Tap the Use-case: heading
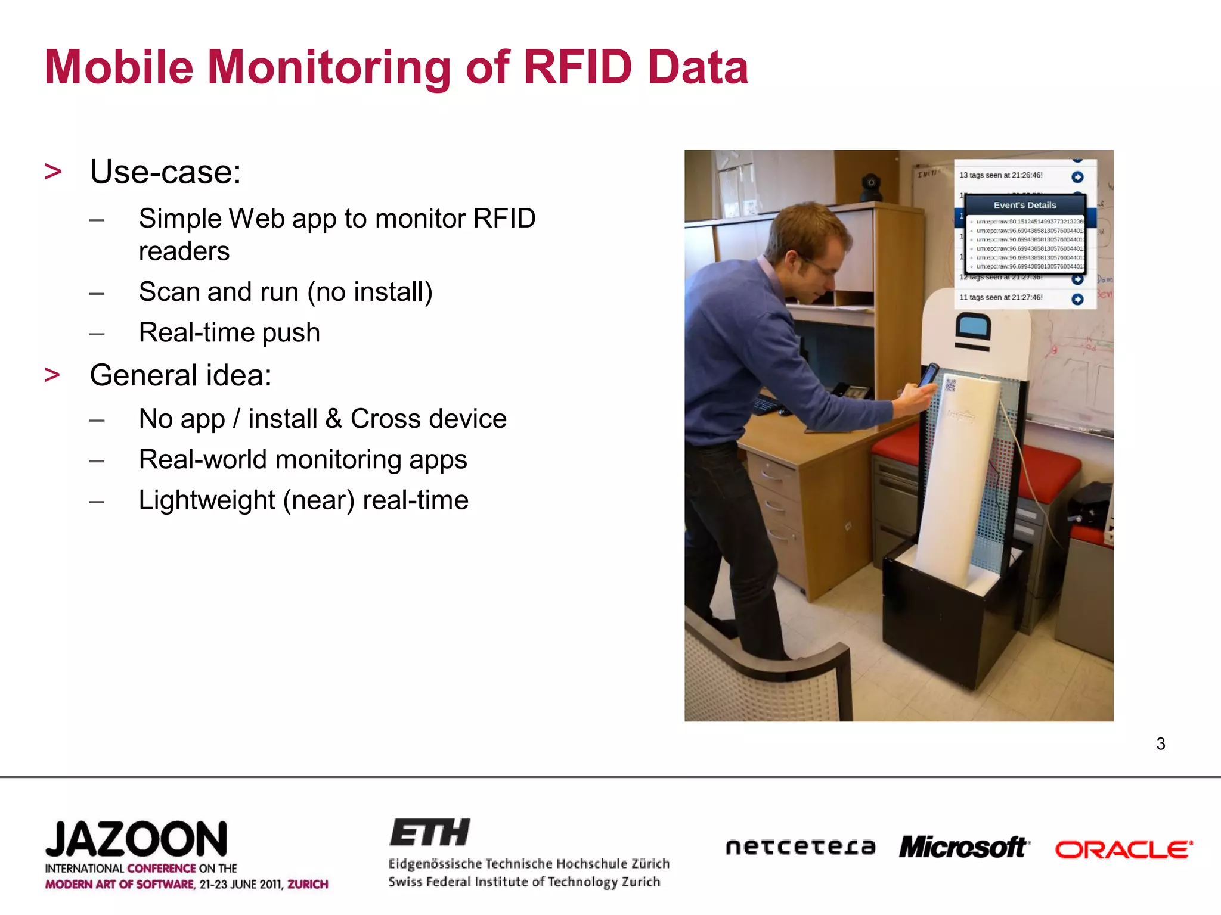tap(165, 172)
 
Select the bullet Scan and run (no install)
tap(285, 292)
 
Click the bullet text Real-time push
tap(229, 332)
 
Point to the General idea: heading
tap(180, 375)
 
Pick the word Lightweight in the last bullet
tap(206, 500)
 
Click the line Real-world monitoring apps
tap(302, 460)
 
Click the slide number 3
tap(1160, 743)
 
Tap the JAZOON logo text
tap(136, 839)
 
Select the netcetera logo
tap(800, 846)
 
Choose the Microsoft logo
tap(963, 846)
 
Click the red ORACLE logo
tap(1123, 849)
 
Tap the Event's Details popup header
tap(1024, 205)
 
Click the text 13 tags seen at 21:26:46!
tap(1000, 175)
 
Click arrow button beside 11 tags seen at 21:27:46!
tap(1077, 299)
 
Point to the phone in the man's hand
tap(928, 375)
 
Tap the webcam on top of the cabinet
tap(871, 186)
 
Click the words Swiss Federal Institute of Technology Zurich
tap(524, 882)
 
